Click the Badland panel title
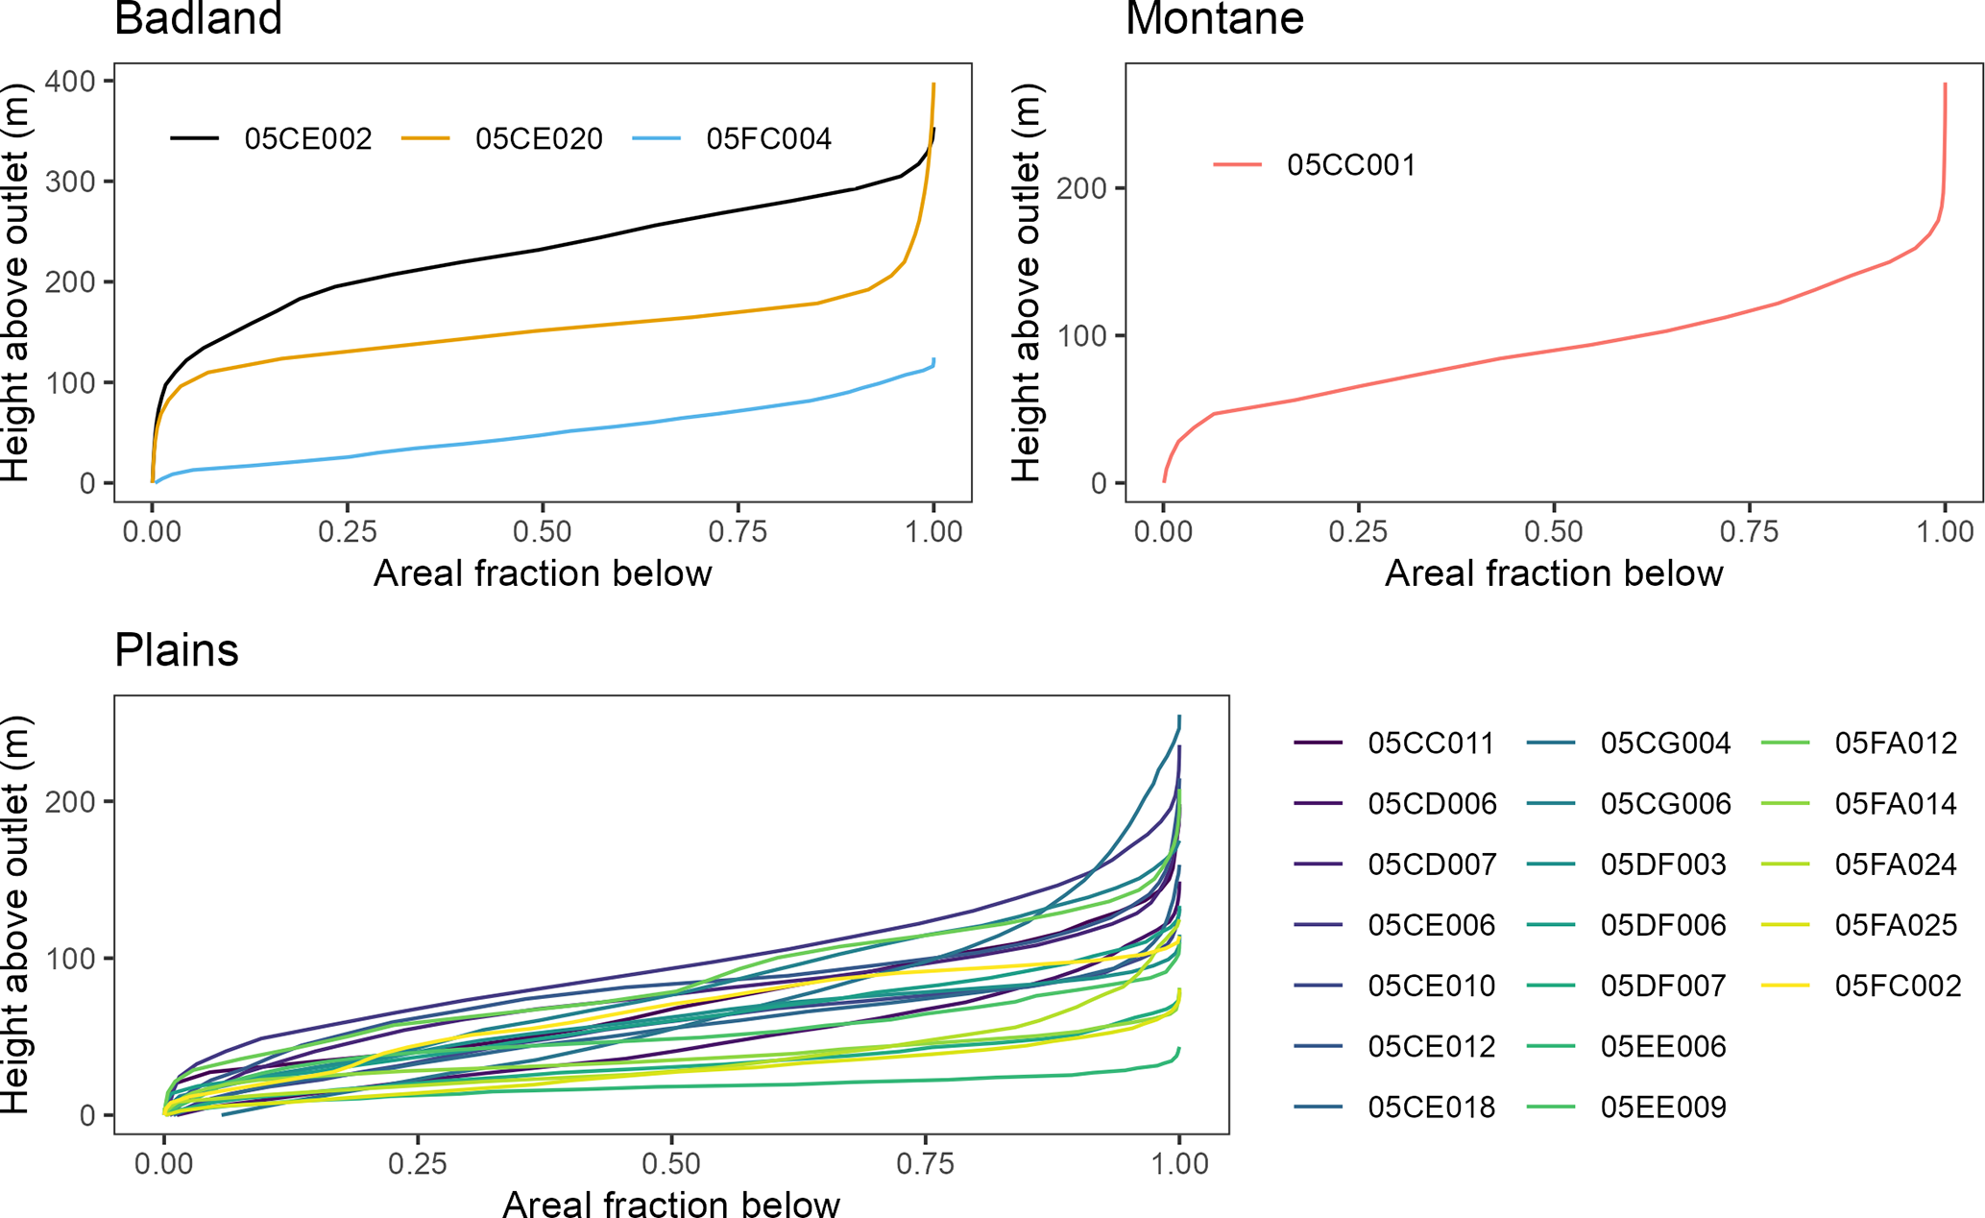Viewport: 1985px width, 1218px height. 198,19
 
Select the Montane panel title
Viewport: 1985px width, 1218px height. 1214,19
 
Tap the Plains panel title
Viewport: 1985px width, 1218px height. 177,650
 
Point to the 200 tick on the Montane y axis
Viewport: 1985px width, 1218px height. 1082,188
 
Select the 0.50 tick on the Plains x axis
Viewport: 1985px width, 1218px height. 671,1164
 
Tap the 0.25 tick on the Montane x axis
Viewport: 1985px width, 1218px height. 1358,532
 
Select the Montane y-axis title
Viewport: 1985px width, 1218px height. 1027,282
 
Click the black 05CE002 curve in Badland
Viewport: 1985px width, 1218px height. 543,250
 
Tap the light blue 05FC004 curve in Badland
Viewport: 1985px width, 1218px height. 543,435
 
